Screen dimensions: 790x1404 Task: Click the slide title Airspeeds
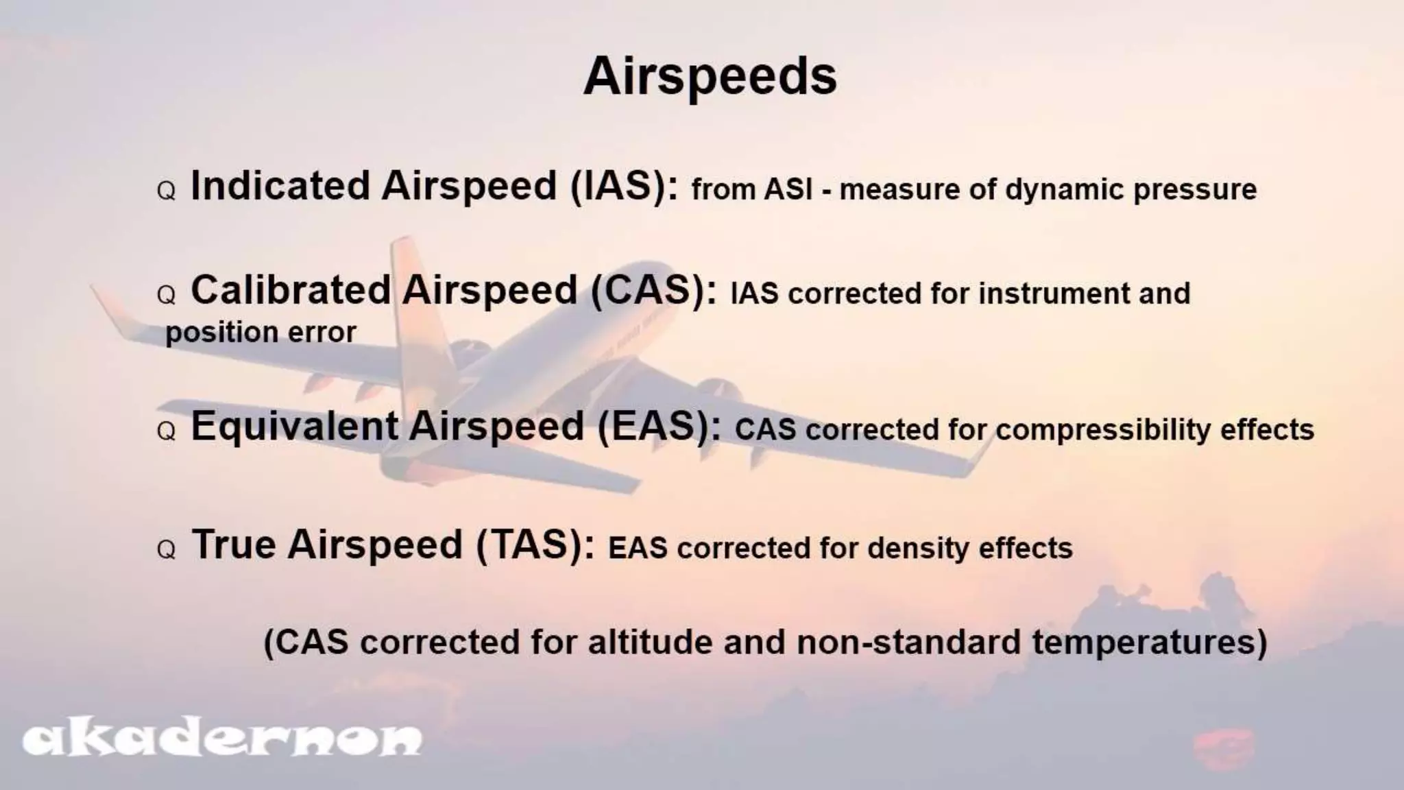click(710, 77)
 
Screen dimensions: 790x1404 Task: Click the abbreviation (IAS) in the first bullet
click(624, 187)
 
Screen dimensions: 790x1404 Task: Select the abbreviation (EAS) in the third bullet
click(658, 427)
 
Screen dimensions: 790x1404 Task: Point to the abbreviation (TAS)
click(535, 546)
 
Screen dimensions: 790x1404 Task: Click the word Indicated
click(280, 187)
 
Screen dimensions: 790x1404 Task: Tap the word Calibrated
click(291, 291)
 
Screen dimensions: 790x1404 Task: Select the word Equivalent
click(295, 427)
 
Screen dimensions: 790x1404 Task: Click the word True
click(234, 546)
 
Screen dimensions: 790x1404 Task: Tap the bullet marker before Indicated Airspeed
click(167, 191)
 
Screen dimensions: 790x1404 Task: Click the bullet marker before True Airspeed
click(167, 550)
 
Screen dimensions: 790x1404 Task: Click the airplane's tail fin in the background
click(411, 288)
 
